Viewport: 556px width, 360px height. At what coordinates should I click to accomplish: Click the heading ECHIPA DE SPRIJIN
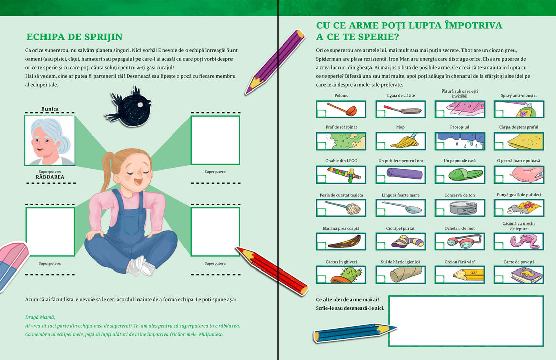[74, 37]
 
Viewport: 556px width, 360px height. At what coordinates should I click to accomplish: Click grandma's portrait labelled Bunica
[50, 141]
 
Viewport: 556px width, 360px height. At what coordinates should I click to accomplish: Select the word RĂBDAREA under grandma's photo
[50, 177]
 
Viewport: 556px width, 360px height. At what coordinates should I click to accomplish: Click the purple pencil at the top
[274, 62]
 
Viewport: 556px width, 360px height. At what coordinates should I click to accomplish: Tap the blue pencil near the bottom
[355, 333]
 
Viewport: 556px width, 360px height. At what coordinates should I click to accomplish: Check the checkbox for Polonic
[321, 113]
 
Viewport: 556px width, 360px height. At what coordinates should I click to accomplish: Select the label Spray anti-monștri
[519, 96]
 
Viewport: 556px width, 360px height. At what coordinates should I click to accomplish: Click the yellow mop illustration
[404, 142]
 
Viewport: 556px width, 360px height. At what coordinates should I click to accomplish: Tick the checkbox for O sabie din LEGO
[321, 178]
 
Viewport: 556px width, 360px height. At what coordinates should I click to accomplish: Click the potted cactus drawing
[347, 275]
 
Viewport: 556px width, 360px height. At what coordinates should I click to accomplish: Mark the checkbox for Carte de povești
[499, 279]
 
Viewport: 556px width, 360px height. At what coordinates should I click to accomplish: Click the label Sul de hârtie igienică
[400, 262]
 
